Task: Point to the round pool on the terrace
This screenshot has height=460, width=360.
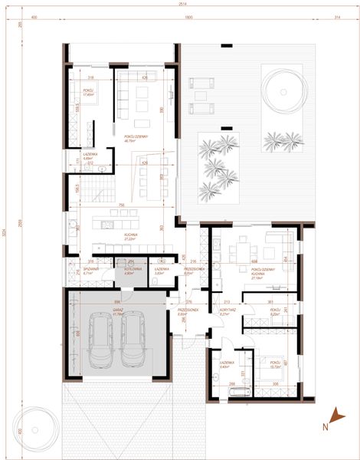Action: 283,90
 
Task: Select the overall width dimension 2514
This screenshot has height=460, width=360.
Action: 181,5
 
